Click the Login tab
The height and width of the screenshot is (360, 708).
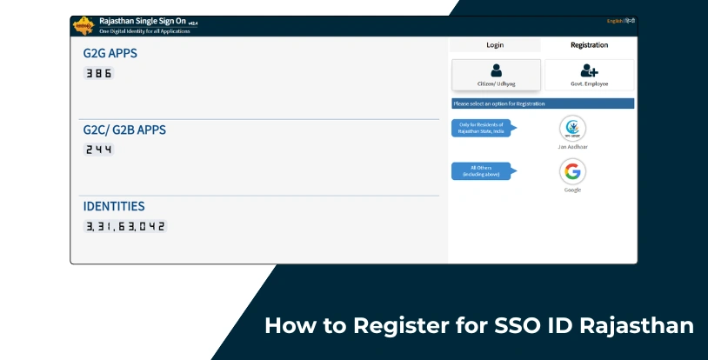pos(494,44)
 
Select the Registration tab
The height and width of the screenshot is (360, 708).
pos(589,44)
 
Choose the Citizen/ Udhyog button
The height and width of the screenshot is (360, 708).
pos(496,75)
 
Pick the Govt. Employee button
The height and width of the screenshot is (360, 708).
pos(589,75)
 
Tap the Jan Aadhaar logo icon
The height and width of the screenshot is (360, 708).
pos(572,129)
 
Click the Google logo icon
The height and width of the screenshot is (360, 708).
pos(572,172)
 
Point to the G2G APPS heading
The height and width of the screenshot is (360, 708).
pos(110,53)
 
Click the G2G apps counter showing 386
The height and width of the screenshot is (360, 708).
pos(98,74)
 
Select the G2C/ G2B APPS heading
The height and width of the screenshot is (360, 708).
pos(124,130)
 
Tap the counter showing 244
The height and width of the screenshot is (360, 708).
pos(98,150)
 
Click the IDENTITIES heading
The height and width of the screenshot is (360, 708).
pos(114,206)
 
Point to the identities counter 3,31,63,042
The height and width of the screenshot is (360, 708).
pos(124,226)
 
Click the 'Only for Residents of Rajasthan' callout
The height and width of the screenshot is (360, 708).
pos(481,128)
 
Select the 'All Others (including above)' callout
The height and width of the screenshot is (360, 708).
pos(481,171)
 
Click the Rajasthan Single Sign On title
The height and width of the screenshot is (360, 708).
pos(136,21)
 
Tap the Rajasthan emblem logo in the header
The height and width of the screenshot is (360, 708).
pos(84,24)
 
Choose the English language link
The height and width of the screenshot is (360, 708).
pos(614,21)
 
